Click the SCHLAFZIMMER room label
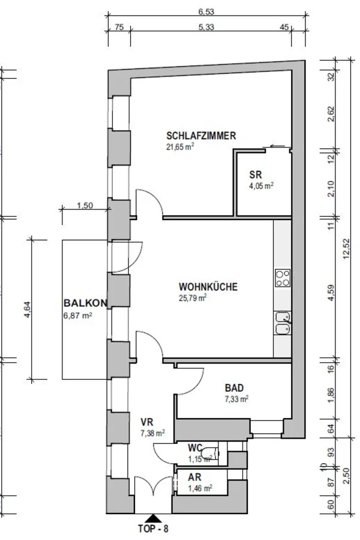pyautogui.click(x=201, y=136)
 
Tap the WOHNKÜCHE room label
pyautogui.click(x=208, y=287)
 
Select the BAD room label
pyautogui.click(x=234, y=388)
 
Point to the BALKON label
pyautogui.click(x=85, y=303)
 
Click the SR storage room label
pyautogui.click(x=255, y=175)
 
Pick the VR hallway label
pyautogui.click(x=147, y=422)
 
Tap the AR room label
pyautogui.click(x=194, y=478)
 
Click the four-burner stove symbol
pyautogui.click(x=283, y=278)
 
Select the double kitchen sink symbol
pyautogui.click(x=283, y=323)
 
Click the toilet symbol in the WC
pyautogui.click(x=211, y=453)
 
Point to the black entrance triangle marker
pyautogui.click(x=152, y=518)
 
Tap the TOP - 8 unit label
pyautogui.click(x=153, y=529)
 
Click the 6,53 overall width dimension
pyautogui.click(x=206, y=12)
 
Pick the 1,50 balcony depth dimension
pyautogui.click(x=85, y=206)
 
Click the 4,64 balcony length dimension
pyautogui.click(x=28, y=309)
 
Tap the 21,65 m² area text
pyautogui.click(x=180, y=147)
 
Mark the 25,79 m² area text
pyautogui.click(x=193, y=298)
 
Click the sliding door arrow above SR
pyautogui.click(x=278, y=146)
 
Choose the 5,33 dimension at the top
pyautogui.click(x=206, y=27)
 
